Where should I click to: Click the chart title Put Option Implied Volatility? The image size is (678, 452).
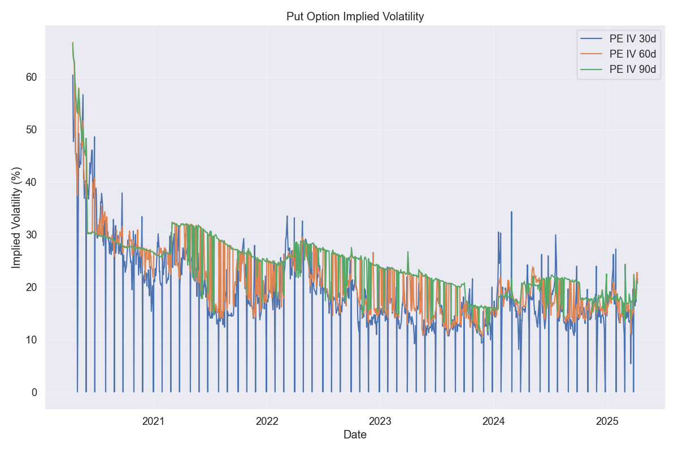[355, 16]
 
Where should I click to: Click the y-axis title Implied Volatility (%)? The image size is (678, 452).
[17, 217]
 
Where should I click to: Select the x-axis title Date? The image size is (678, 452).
[355, 435]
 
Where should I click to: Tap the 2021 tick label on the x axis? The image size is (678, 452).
[154, 421]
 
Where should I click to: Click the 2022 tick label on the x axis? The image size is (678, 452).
[267, 421]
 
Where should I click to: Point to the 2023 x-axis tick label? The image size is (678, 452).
[380, 421]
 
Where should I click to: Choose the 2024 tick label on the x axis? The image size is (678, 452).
[494, 421]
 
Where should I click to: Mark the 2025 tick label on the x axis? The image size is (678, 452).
[607, 421]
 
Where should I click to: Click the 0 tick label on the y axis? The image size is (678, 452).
[34, 392]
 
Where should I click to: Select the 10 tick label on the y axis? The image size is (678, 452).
[32, 340]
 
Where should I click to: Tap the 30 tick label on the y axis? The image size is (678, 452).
[32, 234]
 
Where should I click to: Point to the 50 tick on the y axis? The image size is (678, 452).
[32, 129]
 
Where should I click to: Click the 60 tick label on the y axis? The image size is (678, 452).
[32, 77]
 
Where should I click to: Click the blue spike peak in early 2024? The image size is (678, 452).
[511, 212]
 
